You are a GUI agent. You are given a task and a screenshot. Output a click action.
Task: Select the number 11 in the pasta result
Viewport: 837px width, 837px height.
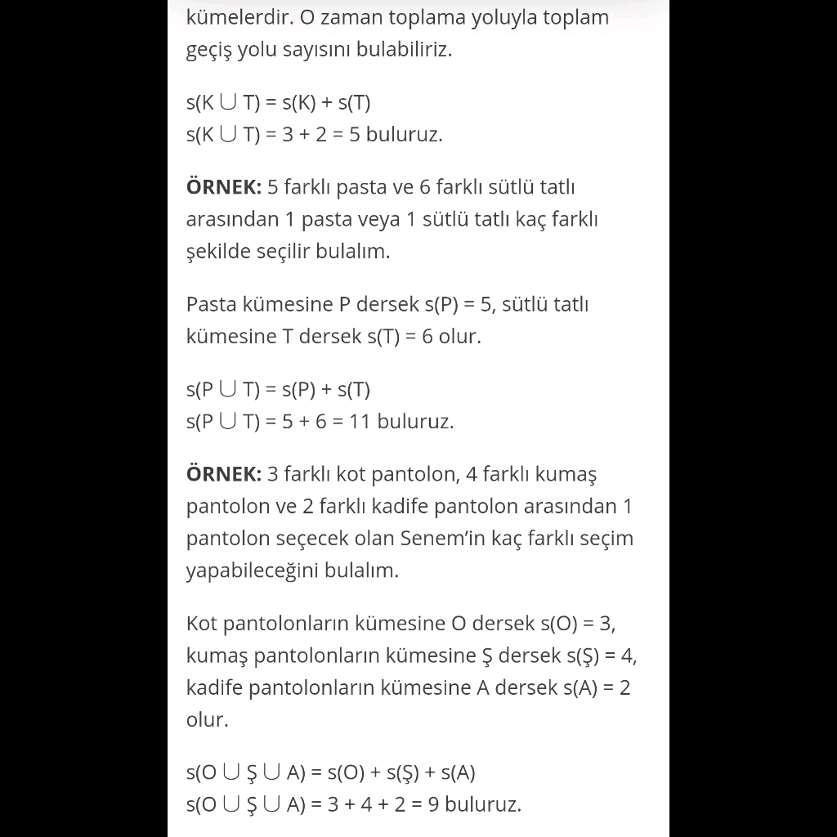pyautogui.click(x=360, y=422)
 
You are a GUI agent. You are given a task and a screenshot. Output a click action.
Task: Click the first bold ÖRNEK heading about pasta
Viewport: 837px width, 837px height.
pyautogui.click(x=224, y=187)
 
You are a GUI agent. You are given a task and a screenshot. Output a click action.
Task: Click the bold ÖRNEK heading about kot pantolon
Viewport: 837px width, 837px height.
pyautogui.click(x=224, y=474)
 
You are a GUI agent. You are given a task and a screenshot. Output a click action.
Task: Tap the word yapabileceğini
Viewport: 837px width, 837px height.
pyautogui.click(x=252, y=571)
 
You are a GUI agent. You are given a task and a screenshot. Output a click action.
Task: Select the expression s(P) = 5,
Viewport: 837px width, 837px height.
pyautogui.click(x=459, y=305)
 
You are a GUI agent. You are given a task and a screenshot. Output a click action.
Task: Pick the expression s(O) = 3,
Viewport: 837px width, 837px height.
pyautogui.click(x=578, y=624)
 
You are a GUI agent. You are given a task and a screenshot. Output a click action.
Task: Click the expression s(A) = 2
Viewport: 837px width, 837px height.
pyautogui.click(x=596, y=687)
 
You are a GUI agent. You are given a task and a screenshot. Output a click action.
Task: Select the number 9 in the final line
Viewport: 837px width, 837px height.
pyautogui.click(x=433, y=804)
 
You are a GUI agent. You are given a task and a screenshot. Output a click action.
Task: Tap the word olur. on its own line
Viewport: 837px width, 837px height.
pyautogui.click(x=207, y=720)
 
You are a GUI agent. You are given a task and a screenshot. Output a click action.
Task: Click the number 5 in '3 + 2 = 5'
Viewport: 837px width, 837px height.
pyautogui.click(x=355, y=135)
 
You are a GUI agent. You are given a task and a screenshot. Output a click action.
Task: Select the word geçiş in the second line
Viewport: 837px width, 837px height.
pyautogui.click(x=208, y=50)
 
